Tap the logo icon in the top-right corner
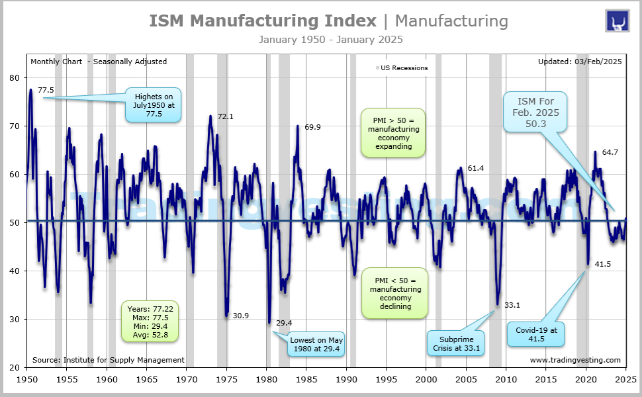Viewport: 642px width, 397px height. (x=617, y=21)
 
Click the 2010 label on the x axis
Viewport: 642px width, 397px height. (x=506, y=379)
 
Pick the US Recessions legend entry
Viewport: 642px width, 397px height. (x=402, y=67)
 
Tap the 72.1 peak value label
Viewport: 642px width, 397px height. (x=226, y=116)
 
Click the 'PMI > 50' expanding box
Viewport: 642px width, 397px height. (x=394, y=134)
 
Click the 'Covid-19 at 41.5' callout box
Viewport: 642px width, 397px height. (x=535, y=334)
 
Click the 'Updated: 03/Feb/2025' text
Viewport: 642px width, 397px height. (x=580, y=62)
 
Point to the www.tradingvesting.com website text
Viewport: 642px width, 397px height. (x=575, y=360)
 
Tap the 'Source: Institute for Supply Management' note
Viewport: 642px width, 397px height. (x=107, y=360)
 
